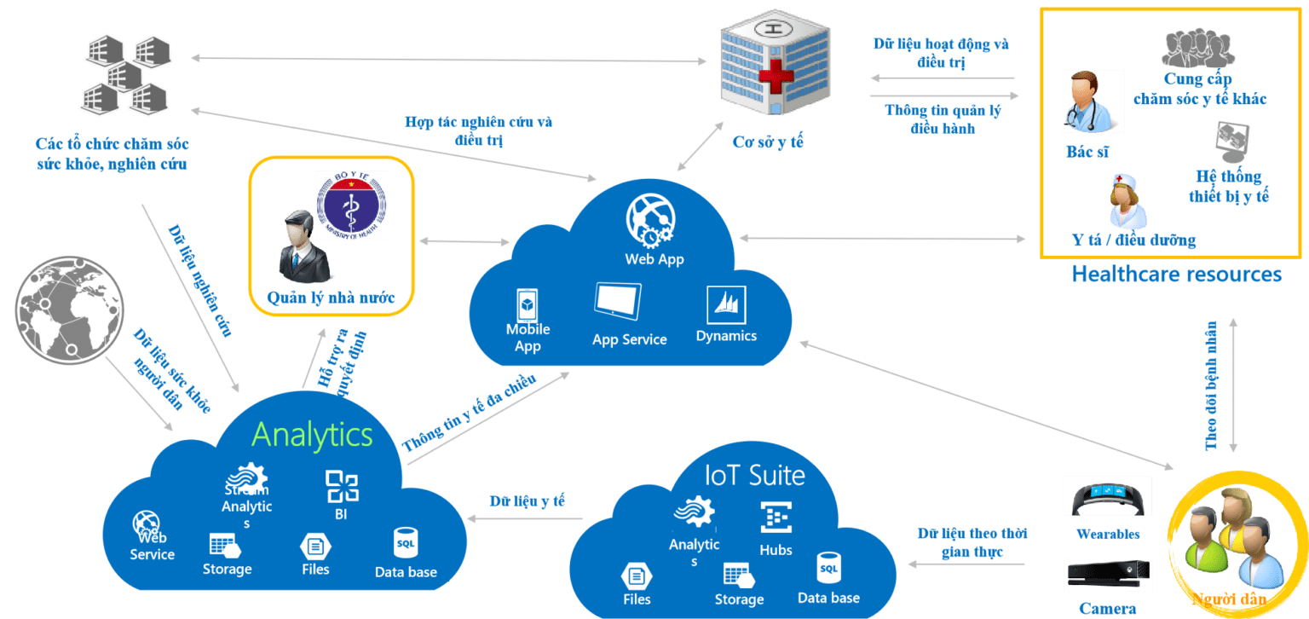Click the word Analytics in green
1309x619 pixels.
(313, 435)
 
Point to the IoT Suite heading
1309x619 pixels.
(755, 475)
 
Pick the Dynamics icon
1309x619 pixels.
(726, 305)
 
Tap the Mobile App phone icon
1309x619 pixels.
(527, 305)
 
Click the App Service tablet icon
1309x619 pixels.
(618, 303)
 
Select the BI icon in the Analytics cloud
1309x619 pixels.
(342, 487)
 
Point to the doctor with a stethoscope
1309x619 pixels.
(1093, 101)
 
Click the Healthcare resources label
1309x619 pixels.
(1176, 275)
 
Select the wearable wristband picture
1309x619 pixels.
(1107, 496)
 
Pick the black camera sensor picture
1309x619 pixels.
(1107, 575)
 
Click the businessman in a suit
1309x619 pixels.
(304, 248)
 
